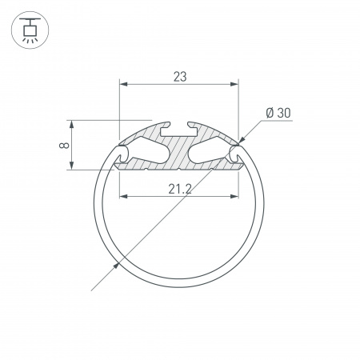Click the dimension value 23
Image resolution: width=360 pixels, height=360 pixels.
click(x=179, y=77)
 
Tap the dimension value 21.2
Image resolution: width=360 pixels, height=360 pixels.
click(x=179, y=189)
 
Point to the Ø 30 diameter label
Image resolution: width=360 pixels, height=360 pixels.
click(x=276, y=113)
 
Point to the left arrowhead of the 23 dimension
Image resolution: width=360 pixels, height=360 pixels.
click(x=123, y=83)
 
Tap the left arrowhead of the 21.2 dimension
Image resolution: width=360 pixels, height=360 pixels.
click(x=123, y=196)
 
